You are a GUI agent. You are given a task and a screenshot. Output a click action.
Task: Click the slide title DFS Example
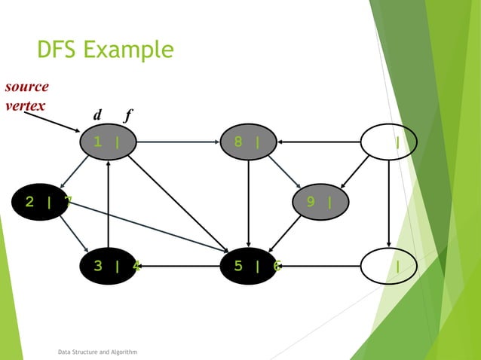[x=105, y=50]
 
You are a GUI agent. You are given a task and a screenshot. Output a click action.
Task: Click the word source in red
[x=26, y=86]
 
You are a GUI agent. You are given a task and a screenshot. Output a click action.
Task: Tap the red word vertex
[x=24, y=104]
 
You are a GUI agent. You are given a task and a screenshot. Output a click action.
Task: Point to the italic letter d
[x=97, y=115]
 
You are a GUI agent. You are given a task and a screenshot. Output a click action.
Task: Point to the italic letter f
[x=128, y=115]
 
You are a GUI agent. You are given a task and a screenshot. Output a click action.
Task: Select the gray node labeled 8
[x=249, y=142]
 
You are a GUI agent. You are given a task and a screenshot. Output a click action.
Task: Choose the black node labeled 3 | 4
[x=110, y=265]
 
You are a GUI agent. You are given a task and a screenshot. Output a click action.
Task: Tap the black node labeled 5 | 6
[x=249, y=265]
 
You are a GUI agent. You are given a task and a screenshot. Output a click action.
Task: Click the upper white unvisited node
[x=388, y=142]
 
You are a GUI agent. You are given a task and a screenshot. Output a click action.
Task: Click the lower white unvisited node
[x=388, y=265]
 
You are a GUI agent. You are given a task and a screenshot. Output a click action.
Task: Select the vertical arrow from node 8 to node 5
[x=249, y=203]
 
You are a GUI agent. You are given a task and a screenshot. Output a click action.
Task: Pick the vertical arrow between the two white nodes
[x=388, y=203]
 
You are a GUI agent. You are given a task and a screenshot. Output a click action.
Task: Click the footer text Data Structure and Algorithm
[x=97, y=352]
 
